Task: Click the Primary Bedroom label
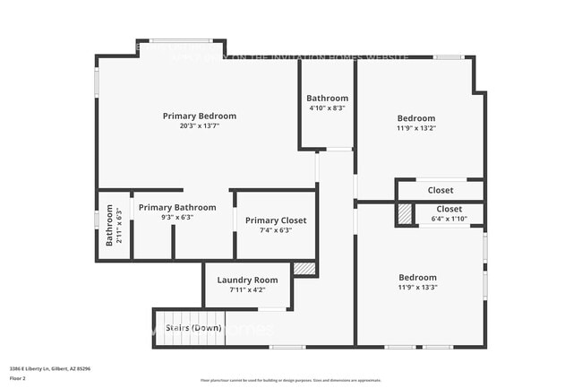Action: [x=199, y=116]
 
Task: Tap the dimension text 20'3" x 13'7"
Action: [x=199, y=126]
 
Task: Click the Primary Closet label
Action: [x=276, y=220]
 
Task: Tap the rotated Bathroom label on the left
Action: [x=109, y=227]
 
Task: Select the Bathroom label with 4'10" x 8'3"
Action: [x=326, y=98]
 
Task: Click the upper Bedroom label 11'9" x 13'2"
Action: [x=416, y=118]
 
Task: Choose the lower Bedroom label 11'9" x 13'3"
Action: [x=417, y=278]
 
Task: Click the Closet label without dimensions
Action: [x=440, y=190]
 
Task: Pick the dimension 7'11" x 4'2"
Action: [x=247, y=289]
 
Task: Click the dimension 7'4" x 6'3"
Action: [x=276, y=230]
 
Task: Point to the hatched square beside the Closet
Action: [x=406, y=214]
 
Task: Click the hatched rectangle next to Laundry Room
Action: [x=304, y=268]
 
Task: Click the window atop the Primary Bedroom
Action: [x=180, y=40]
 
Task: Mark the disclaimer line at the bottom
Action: [x=290, y=381]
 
